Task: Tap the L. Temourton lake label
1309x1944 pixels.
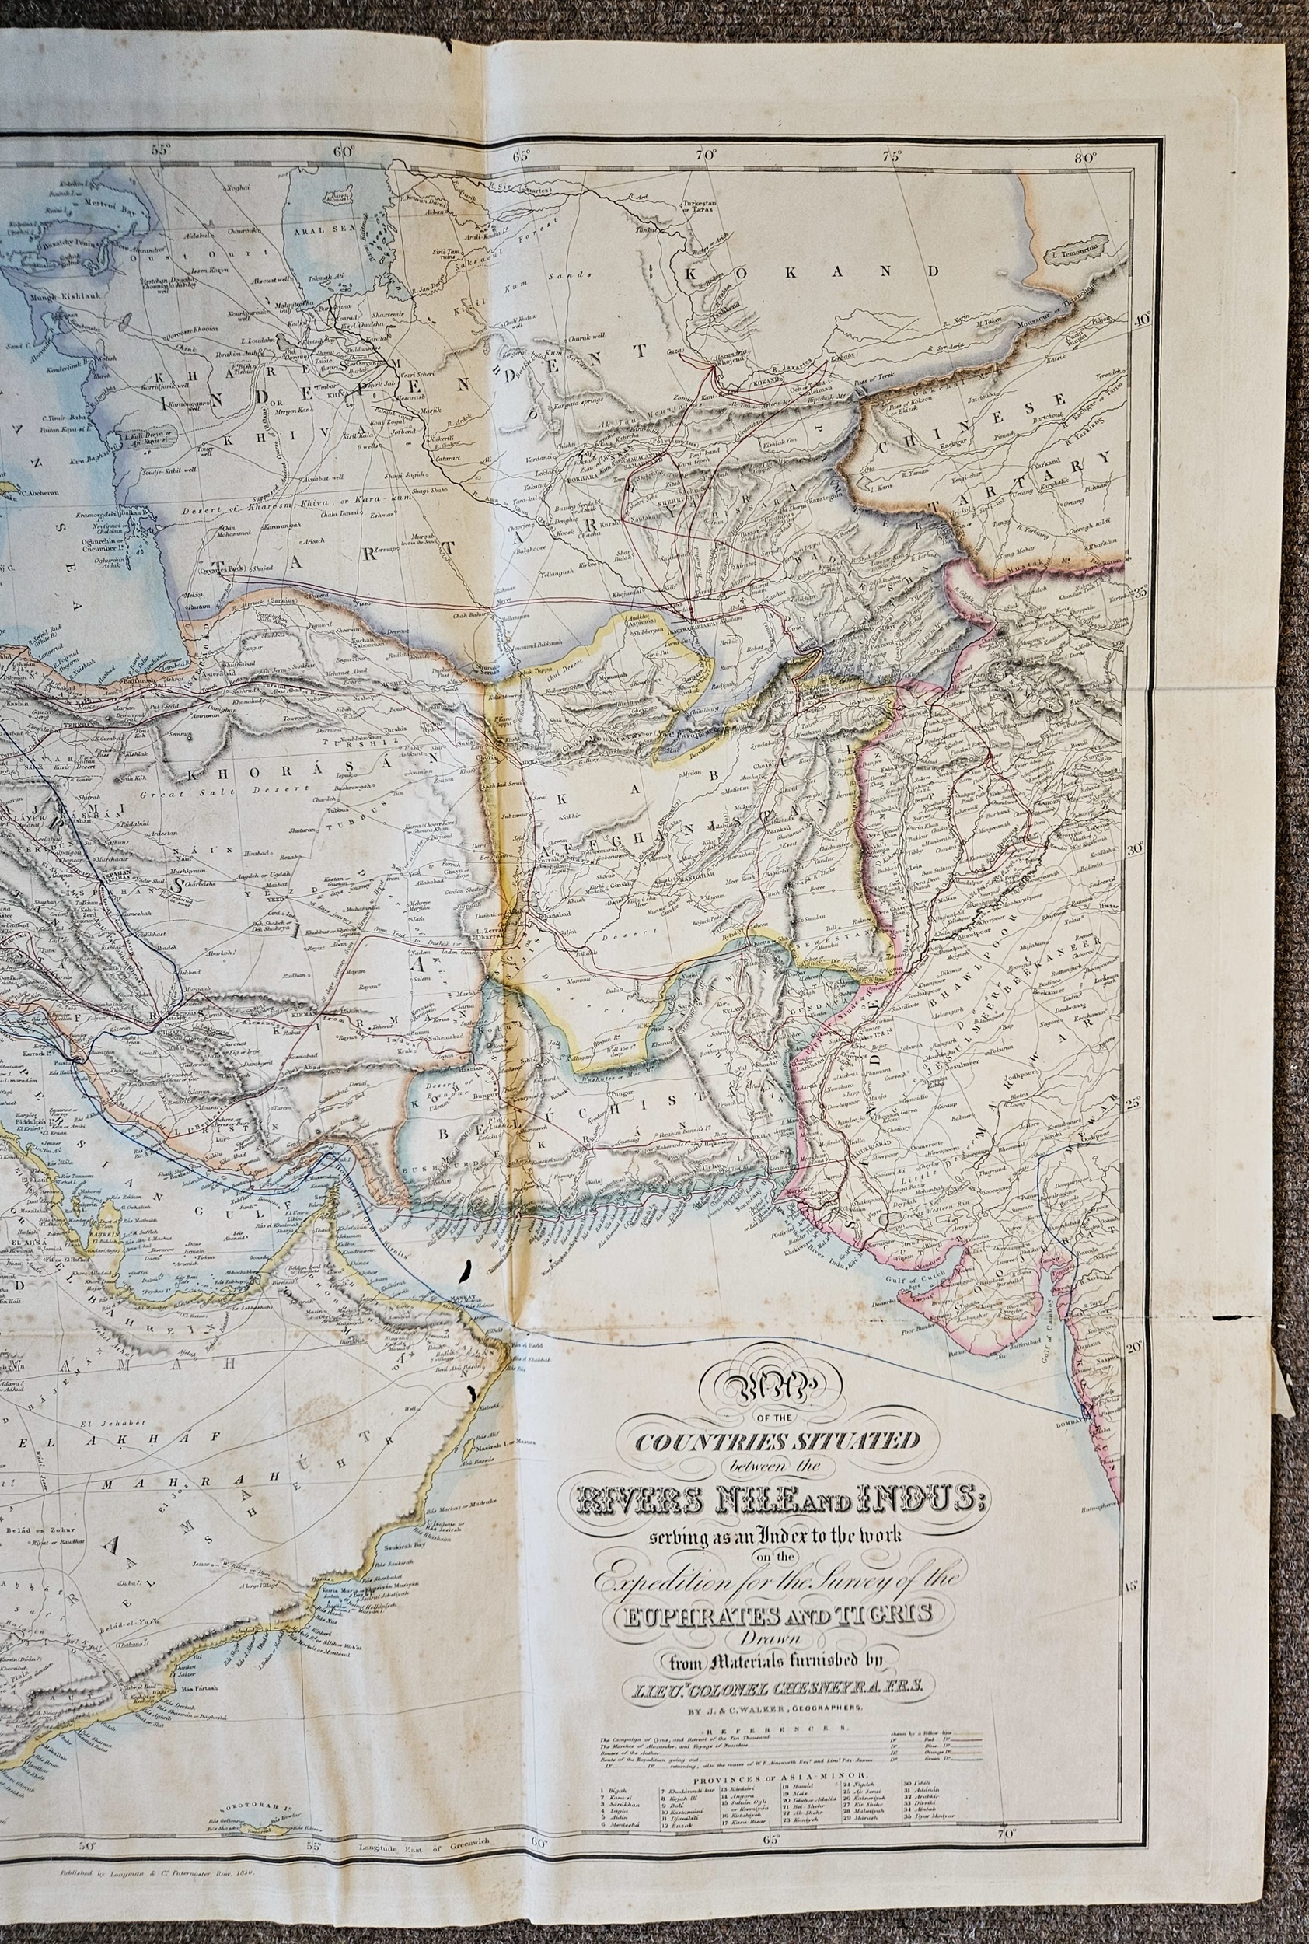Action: click(x=1073, y=249)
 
